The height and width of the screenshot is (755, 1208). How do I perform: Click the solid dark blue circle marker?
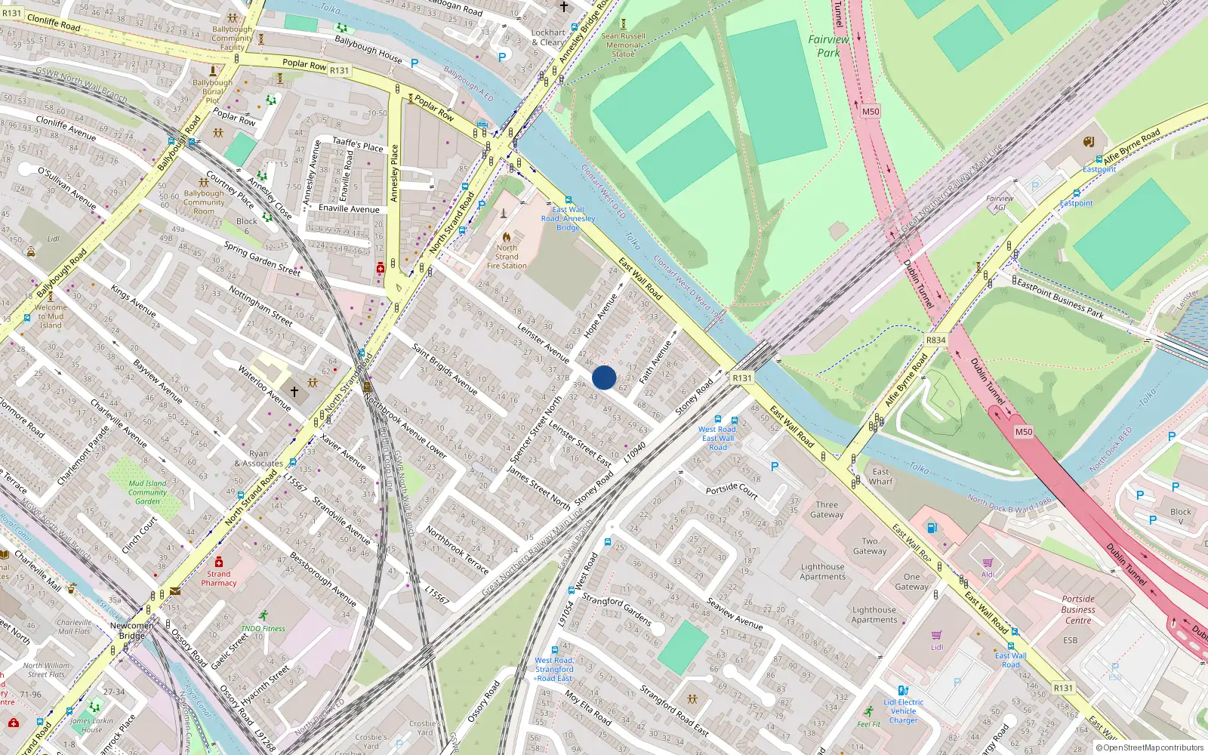tap(604, 377)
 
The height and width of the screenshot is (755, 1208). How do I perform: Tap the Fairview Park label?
tap(828, 46)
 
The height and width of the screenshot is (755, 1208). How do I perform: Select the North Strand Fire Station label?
tap(507, 257)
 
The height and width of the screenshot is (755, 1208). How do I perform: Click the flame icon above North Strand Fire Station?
tap(507, 237)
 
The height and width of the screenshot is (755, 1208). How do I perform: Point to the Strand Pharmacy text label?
tap(218, 578)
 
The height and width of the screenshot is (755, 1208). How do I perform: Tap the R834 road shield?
tap(935, 341)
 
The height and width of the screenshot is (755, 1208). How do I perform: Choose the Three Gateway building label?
tap(827, 510)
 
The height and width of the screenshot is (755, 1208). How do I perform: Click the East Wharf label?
tap(880, 476)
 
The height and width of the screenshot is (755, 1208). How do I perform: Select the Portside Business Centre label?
tap(1077, 609)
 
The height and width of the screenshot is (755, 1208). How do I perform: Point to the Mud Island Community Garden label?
tap(147, 492)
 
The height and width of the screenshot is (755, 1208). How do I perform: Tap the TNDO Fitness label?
tap(263, 628)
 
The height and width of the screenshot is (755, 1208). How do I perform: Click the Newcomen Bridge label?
tap(132, 630)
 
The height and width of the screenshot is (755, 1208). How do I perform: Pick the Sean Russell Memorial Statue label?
tap(623, 45)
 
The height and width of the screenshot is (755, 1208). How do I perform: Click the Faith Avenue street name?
tap(655, 362)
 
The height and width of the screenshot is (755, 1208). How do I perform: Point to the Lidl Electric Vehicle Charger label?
tap(904, 711)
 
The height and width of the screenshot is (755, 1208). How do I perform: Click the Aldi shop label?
tap(988, 574)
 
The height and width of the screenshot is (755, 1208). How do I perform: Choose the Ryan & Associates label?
tap(258, 459)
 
